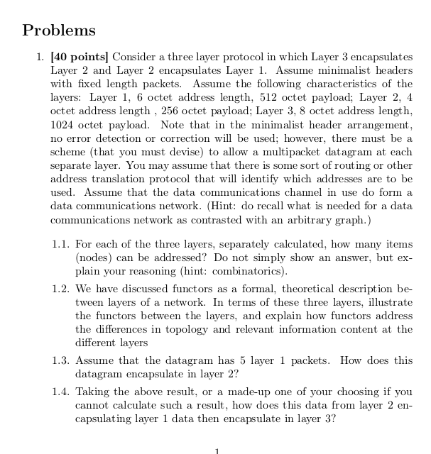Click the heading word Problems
(59, 31)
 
